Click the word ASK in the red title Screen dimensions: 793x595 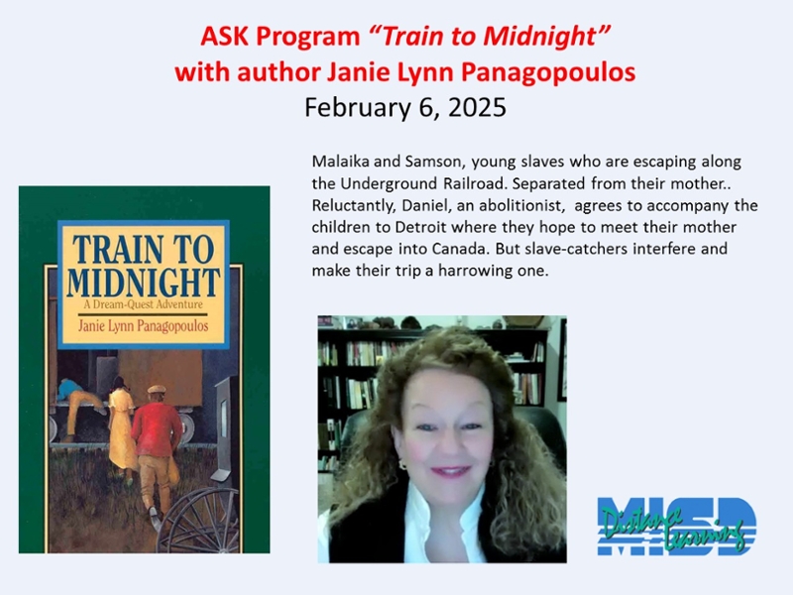225,37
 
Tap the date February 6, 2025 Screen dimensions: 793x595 405,108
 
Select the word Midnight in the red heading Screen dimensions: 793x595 539,38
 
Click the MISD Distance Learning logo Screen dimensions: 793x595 677,527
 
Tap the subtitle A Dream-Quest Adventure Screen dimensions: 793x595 143,304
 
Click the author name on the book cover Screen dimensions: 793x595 143,326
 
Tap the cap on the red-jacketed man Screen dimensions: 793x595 156,390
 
